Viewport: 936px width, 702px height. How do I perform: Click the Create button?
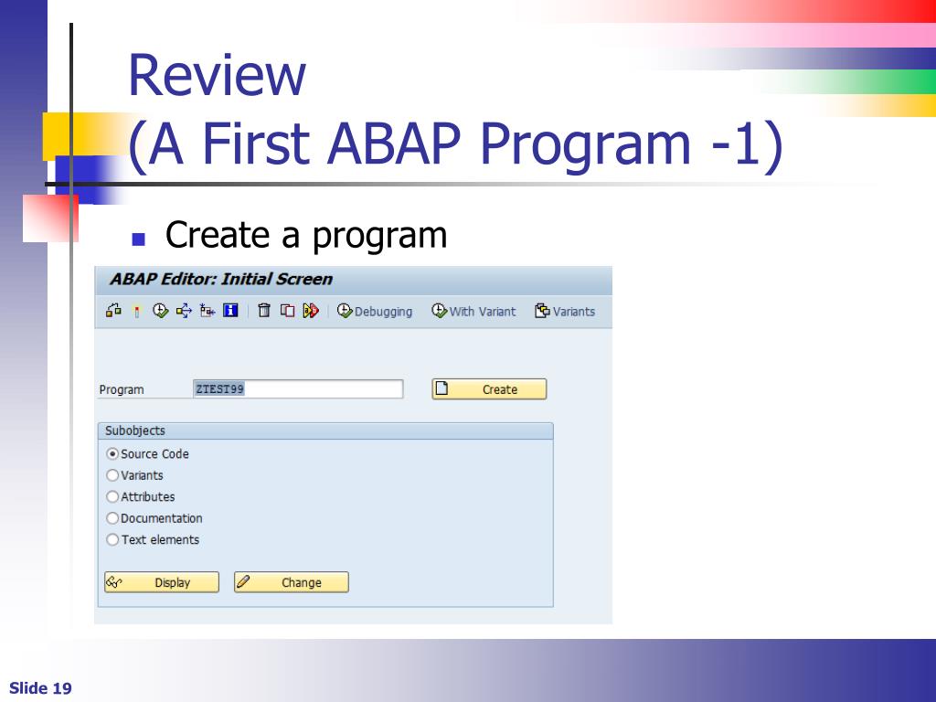tap(489, 389)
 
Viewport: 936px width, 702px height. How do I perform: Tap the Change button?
tap(292, 582)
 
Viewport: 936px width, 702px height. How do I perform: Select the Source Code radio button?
tap(112, 453)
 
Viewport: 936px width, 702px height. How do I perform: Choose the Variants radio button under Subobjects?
tap(112, 475)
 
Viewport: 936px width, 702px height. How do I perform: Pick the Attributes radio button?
tap(112, 496)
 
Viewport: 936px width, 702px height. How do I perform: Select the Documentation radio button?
tap(112, 518)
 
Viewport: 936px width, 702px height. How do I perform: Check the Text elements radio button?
tap(112, 539)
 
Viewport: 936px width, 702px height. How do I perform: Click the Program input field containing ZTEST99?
tap(298, 389)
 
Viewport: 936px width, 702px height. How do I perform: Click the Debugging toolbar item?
tap(375, 311)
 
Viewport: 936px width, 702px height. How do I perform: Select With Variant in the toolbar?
tap(474, 311)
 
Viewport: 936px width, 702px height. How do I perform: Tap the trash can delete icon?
tap(264, 311)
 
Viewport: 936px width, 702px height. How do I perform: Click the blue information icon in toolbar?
tap(230, 311)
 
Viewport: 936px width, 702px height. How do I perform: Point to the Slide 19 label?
tap(40, 688)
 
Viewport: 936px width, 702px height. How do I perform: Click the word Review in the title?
tap(218, 75)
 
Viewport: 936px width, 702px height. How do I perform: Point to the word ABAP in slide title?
tap(394, 144)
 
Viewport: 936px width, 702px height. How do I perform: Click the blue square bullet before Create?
tap(139, 239)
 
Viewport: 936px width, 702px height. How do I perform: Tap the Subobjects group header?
tap(325, 431)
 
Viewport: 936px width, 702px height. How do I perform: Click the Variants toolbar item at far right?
tap(565, 311)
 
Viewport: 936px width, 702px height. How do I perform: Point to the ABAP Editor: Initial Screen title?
tap(221, 279)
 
